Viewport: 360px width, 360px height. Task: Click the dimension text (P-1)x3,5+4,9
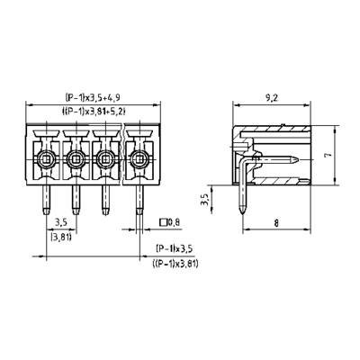tap(93, 97)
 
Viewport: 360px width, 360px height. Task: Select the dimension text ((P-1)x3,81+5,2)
tap(94, 112)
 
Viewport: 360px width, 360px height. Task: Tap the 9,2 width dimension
tap(272, 98)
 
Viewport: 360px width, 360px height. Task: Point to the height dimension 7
tap(329, 155)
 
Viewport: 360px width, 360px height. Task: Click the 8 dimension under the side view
tap(276, 223)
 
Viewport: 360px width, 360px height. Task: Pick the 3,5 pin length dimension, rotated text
tap(205, 200)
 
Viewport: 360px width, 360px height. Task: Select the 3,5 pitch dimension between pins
tap(61, 222)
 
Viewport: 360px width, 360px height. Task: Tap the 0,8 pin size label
tap(174, 222)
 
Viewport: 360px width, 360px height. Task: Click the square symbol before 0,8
tap(163, 222)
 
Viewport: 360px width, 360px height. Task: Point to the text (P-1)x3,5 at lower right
tap(174, 248)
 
